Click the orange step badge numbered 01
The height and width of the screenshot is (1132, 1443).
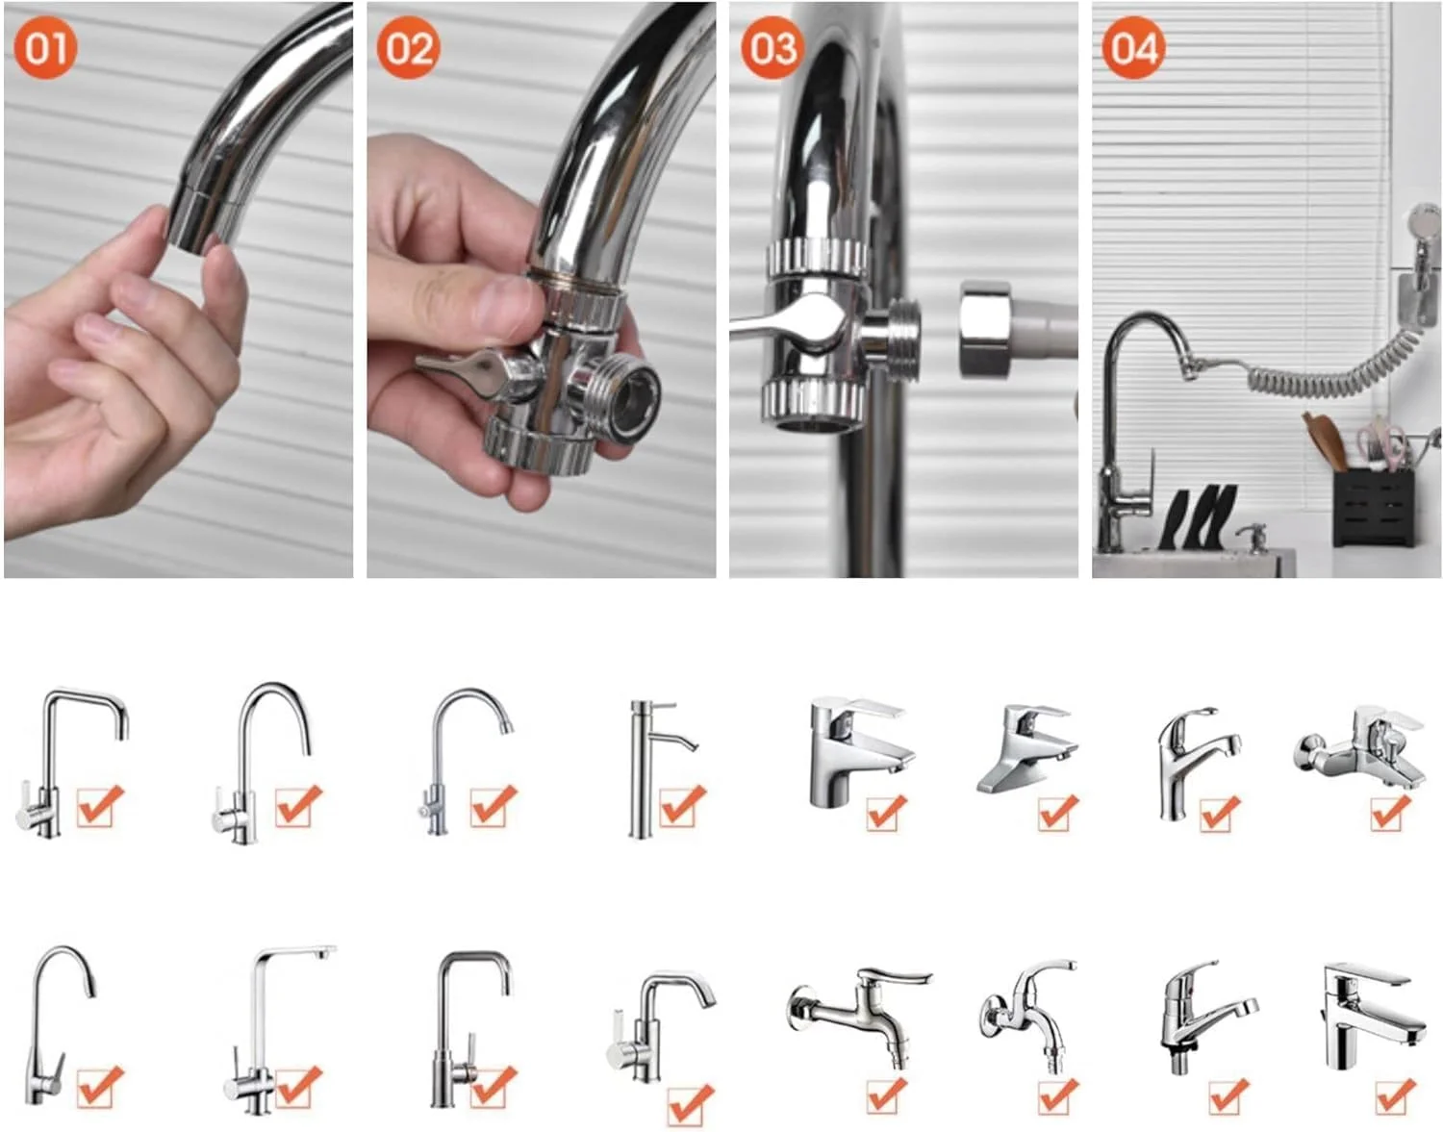pos(45,48)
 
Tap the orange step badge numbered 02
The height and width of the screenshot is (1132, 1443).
pos(408,48)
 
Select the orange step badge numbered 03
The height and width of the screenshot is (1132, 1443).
pos(772,48)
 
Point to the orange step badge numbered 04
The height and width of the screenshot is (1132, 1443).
pos(1133,48)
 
